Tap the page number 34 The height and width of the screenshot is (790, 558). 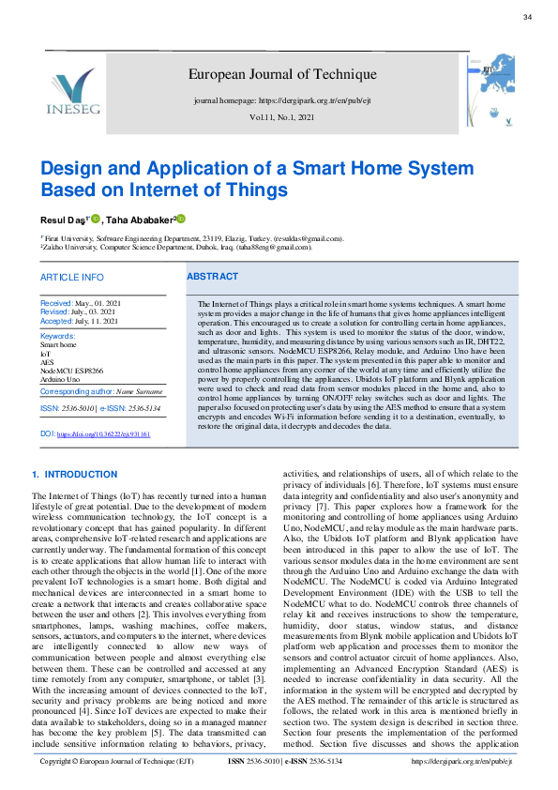(527, 17)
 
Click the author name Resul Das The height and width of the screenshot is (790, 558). (62, 219)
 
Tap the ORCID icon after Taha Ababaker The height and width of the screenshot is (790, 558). (181, 219)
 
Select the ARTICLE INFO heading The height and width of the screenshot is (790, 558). (71, 278)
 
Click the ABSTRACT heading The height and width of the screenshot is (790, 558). (212, 277)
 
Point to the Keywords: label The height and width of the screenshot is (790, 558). (58, 336)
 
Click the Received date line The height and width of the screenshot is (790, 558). (81, 304)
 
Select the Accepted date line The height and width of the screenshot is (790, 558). (79, 321)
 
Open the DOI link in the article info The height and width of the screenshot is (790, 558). (102, 434)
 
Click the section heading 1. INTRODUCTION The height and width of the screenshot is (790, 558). (74, 475)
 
